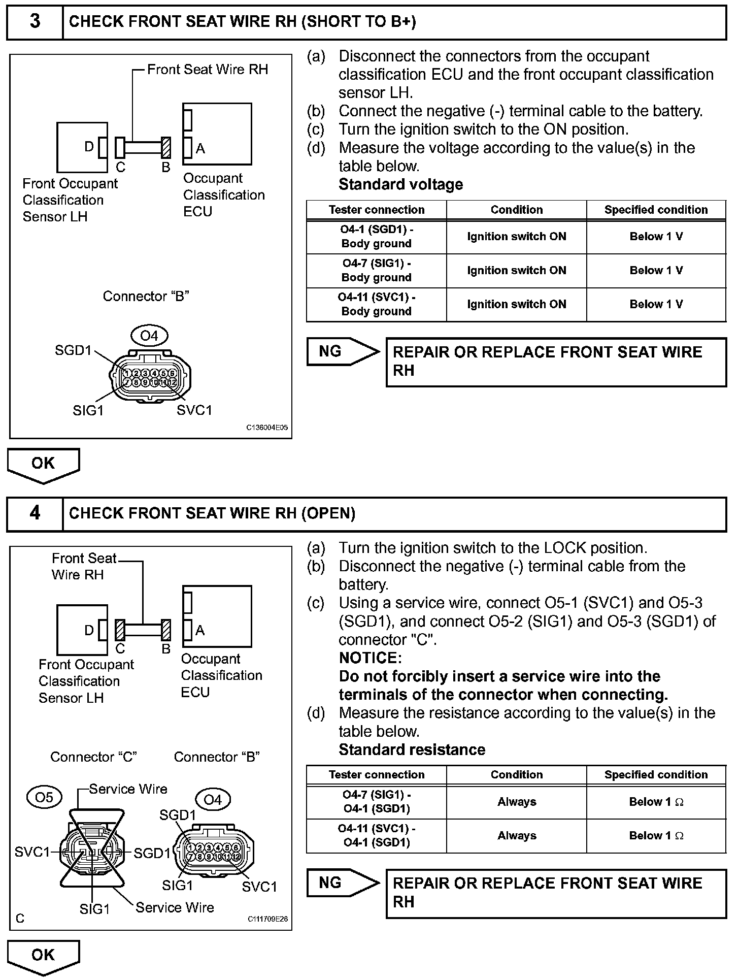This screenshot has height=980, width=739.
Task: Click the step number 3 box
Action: (x=35, y=22)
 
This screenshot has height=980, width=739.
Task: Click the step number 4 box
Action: (x=35, y=513)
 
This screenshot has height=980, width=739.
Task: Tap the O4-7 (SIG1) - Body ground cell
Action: (x=376, y=271)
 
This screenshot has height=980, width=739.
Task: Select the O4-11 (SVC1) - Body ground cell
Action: (x=376, y=305)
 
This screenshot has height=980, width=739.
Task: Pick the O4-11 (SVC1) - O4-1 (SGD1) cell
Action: (x=376, y=836)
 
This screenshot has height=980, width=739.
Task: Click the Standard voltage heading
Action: (x=400, y=184)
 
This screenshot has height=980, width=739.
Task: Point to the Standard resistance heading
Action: (x=412, y=749)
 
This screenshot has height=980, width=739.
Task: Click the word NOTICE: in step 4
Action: (x=370, y=658)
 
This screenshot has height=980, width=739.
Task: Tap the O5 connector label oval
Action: (x=44, y=798)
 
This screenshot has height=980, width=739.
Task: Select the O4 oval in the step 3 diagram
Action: (x=149, y=336)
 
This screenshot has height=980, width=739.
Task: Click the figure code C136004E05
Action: (x=267, y=428)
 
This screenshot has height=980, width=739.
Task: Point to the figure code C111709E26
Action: (x=267, y=919)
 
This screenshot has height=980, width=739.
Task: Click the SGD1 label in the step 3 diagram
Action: (x=73, y=350)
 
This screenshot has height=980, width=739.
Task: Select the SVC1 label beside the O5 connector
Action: (x=32, y=852)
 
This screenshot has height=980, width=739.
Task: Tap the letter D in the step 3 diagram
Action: (x=89, y=147)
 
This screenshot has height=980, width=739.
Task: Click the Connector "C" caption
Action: (x=93, y=757)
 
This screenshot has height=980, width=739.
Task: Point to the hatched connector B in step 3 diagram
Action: (x=165, y=148)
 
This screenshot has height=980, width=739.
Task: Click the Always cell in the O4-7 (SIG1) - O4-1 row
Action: (x=516, y=802)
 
